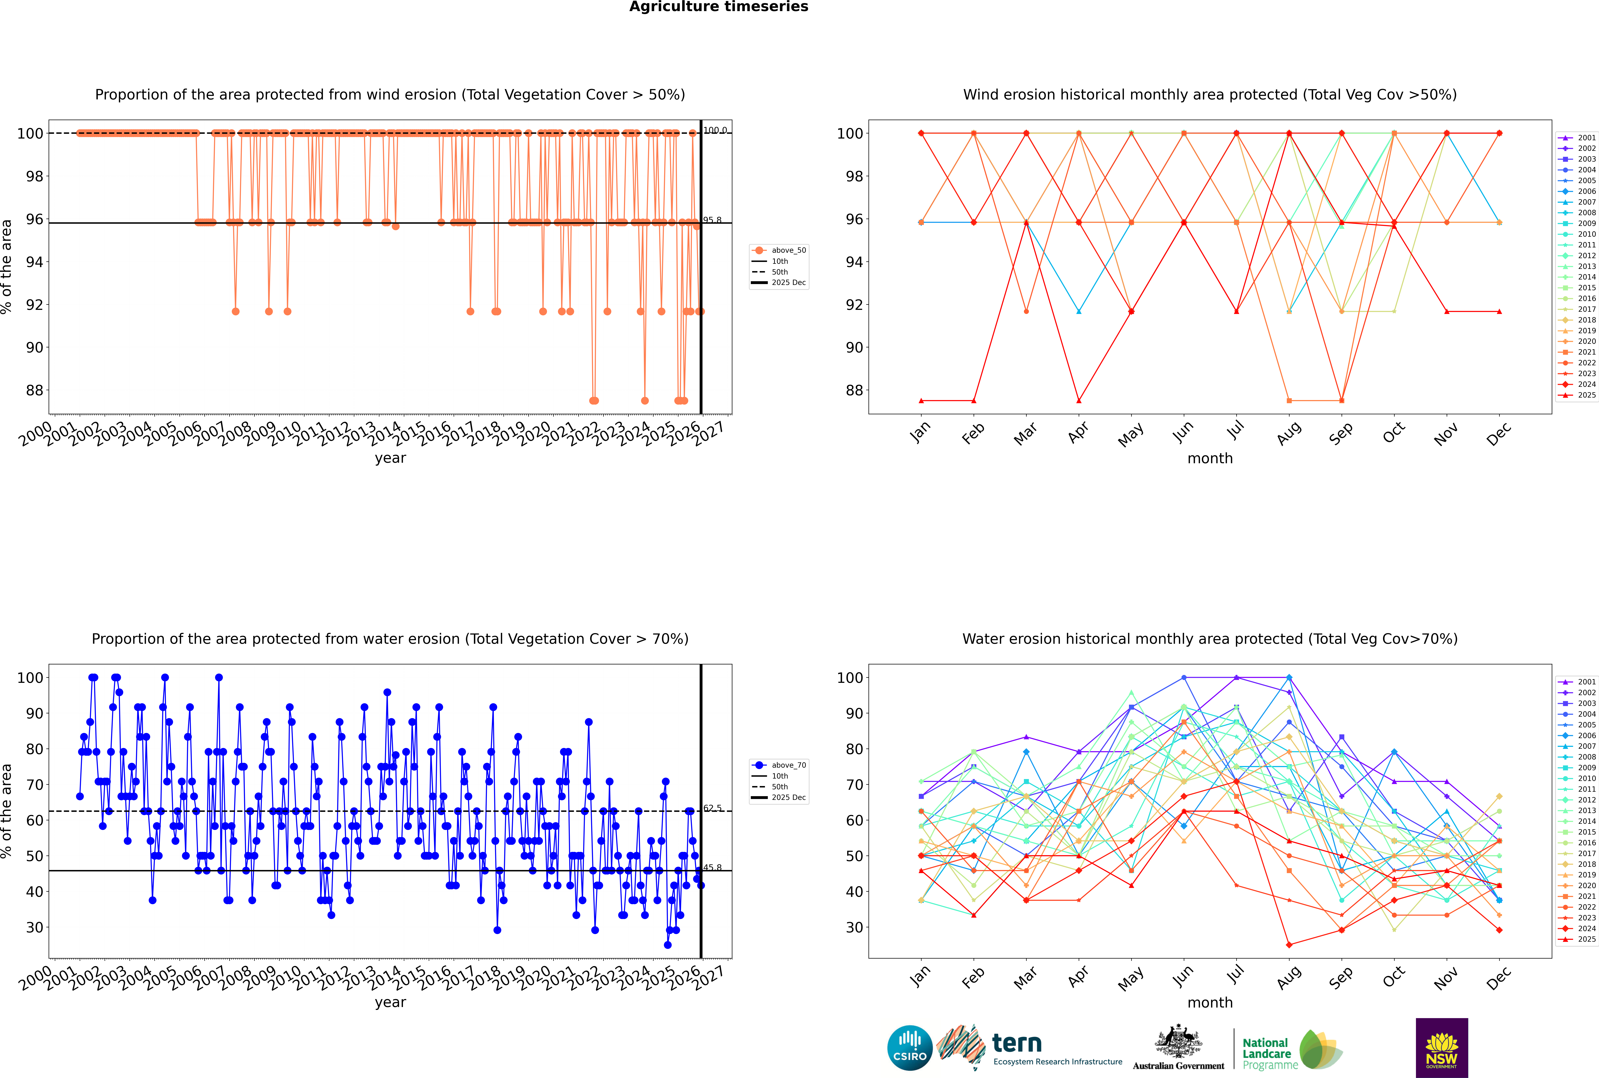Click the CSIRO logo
[x=909, y=1048]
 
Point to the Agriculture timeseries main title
[x=718, y=7]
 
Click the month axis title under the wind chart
[x=1210, y=459]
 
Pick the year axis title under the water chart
[x=390, y=1002]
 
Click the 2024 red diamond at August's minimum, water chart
[x=1289, y=945]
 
